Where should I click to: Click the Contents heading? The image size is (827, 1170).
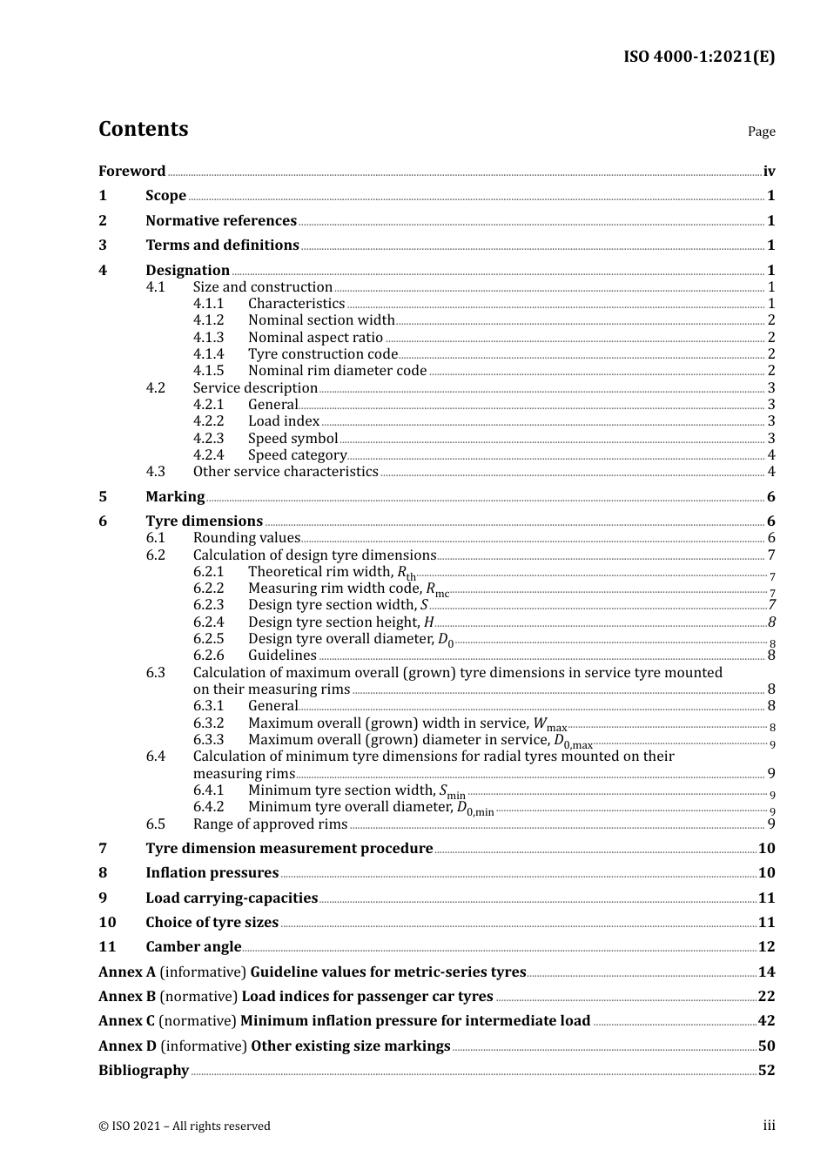click(x=143, y=129)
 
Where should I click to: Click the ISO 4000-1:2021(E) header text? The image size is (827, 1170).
click(x=698, y=57)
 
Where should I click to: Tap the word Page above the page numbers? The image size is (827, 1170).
click(x=761, y=131)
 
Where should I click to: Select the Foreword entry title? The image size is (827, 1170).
click(x=131, y=171)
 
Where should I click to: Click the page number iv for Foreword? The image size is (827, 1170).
click(x=769, y=171)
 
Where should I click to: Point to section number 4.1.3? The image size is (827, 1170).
click(x=208, y=338)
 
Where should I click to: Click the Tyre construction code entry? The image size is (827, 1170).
click(x=322, y=354)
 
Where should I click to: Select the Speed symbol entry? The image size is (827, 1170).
click(x=292, y=439)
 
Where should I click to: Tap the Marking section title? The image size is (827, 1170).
click(x=175, y=497)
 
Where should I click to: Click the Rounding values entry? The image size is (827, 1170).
click(x=246, y=538)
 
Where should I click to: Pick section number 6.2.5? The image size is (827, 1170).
click(x=208, y=639)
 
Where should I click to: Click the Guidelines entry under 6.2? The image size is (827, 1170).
click(x=282, y=656)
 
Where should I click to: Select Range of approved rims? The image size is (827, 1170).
click(x=270, y=824)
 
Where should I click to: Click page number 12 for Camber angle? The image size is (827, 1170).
click(x=766, y=947)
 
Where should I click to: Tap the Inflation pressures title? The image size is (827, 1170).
click(x=212, y=873)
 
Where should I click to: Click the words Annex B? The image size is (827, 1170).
click(x=126, y=997)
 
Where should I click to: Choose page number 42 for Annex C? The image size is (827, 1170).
click(x=766, y=1021)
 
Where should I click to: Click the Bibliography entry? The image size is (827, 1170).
click(x=144, y=1071)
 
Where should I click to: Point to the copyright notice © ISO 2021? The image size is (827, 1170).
click(x=184, y=1126)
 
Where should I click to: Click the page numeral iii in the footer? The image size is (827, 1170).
click(x=769, y=1126)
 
